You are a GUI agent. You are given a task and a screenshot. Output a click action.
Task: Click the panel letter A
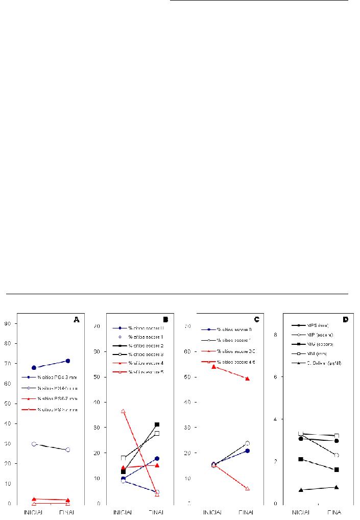pos(77,320)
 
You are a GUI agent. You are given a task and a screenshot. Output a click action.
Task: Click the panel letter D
pos(346,320)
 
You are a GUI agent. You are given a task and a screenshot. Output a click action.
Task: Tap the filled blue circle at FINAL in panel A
pos(67,361)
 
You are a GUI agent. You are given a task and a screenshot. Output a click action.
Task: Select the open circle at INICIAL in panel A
pos(34,444)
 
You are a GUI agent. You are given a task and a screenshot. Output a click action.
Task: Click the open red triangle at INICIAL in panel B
pos(123,411)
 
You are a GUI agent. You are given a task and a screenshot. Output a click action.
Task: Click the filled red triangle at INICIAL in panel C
pos(213,366)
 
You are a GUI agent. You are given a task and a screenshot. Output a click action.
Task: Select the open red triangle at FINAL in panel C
pos(248,488)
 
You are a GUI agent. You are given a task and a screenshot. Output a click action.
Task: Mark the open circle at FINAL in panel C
pos(248,443)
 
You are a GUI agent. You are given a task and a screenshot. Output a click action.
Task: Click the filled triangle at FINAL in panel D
pos(337,487)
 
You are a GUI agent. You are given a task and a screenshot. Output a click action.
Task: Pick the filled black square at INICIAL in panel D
pos(301,459)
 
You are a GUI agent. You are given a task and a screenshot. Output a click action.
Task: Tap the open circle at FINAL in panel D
pos(337,455)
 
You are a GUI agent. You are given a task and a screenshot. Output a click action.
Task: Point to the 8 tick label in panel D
pos(276,335)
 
